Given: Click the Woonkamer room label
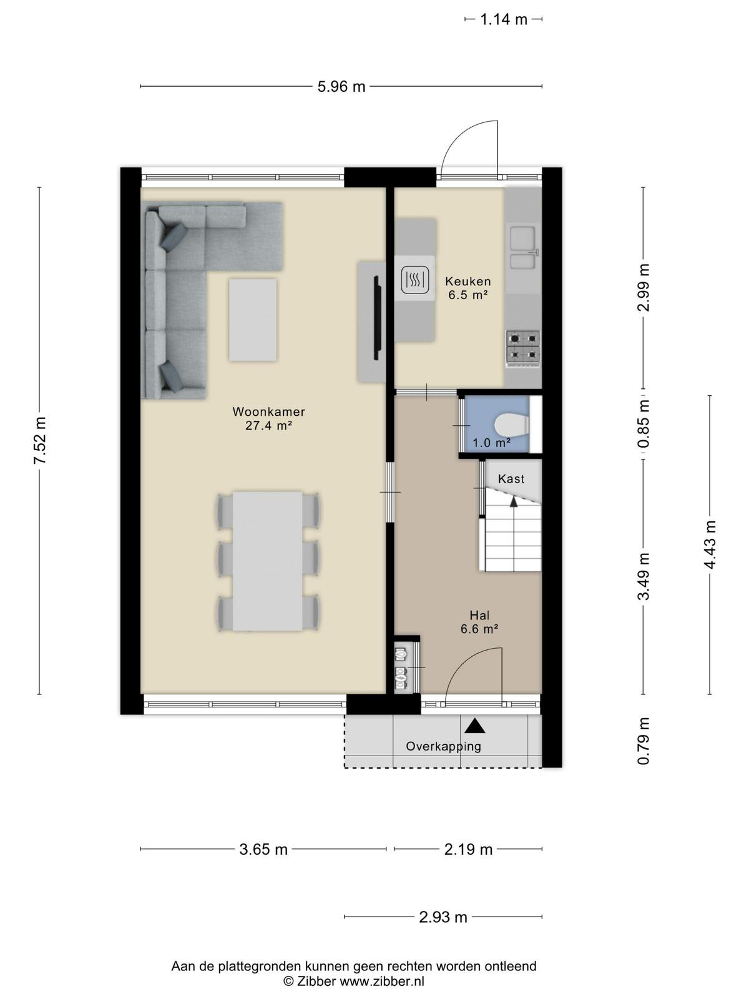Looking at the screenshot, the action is [268, 411].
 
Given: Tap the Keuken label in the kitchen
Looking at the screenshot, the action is [468, 281].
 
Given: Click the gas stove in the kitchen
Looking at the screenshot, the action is [523, 348].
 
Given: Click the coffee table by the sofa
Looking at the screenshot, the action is [252, 320].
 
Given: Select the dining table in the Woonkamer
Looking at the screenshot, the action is [267, 561].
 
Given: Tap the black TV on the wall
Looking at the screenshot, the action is [377, 318].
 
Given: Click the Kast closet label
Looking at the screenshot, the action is [511, 479].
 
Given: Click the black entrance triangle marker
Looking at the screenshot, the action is [475, 725].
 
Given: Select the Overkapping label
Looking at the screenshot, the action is [443, 746].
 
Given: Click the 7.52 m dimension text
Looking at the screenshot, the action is [40, 440].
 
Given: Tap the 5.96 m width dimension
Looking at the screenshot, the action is [341, 86].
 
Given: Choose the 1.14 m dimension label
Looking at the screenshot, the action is [504, 19].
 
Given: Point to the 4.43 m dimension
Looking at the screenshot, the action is [710, 544].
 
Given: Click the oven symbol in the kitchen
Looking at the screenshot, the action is [414, 280].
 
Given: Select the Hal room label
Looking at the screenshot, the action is [479, 616].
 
